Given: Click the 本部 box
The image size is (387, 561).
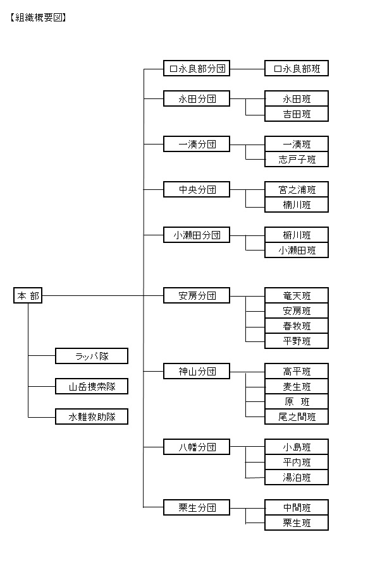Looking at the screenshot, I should tap(28, 295).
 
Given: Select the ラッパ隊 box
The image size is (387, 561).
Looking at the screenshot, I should tap(92, 356).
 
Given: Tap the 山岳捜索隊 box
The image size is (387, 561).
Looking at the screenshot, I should tap(92, 386).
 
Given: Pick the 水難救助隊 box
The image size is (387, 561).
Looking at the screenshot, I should tap(92, 416).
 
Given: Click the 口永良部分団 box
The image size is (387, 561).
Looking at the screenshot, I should tap(196, 68).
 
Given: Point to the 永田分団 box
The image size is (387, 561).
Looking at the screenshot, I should tap(196, 98).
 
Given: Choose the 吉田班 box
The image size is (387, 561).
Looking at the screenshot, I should tap(297, 114).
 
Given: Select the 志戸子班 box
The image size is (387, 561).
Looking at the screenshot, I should tap(297, 160).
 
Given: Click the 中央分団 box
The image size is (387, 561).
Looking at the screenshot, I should tap(196, 189).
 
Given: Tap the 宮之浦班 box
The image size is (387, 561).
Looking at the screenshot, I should tap(297, 189).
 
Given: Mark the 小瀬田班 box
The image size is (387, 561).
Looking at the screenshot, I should tap(297, 251).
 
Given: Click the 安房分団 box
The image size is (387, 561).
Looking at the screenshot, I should tap(196, 295).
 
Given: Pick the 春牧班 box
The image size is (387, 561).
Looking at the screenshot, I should tap(297, 326).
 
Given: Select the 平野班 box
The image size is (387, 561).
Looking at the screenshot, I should tap(297, 341).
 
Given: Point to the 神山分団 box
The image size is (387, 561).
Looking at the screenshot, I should tap(196, 371).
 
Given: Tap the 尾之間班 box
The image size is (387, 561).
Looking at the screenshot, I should tap(297, 417).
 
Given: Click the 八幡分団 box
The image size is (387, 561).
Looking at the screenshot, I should tap(196, 447).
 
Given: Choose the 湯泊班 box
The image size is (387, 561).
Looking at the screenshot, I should tap(297, 478).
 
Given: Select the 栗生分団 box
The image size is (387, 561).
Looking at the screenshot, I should tap(196, 507).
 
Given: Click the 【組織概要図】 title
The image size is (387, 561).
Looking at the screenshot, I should tap(38, 18).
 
